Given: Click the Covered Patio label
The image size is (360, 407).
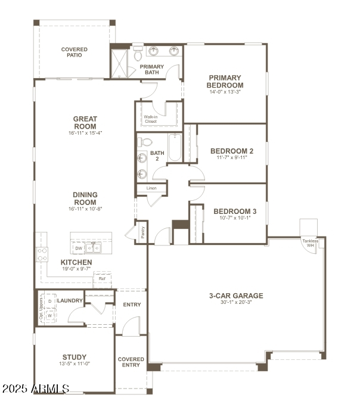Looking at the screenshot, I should [x=74, y=52].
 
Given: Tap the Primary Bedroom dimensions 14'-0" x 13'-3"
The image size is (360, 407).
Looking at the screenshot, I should [x=225, y=92].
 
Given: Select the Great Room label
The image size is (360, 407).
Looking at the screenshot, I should [x=85, y=123].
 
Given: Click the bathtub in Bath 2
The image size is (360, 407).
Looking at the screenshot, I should [x=175, y=147].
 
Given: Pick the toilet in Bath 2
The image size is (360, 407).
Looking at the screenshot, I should [x=145, y=142].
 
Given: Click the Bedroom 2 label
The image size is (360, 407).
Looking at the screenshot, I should [x=232, y=151].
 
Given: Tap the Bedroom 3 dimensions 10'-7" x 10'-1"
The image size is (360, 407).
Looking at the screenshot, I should [x=235, y=218].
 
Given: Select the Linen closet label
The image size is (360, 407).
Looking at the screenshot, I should [x=151, y=188].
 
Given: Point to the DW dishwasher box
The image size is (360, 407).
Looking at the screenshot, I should [x=79, y=248].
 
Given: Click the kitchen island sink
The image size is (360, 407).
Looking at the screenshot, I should [x=93, y=247].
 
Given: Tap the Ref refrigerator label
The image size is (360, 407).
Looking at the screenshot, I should [x=102, y=278].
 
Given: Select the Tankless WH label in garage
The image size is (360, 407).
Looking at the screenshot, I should [x=310, y=243].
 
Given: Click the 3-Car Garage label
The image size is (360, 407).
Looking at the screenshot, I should [x=235, y=296].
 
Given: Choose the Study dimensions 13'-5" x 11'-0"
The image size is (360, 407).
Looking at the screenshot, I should [x=74, y=364].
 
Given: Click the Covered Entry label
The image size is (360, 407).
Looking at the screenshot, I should [x=131, y=362].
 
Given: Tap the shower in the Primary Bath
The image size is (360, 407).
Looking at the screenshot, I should [x=120, y=64].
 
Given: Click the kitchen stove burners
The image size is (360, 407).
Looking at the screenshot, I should [x=42, y=255].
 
